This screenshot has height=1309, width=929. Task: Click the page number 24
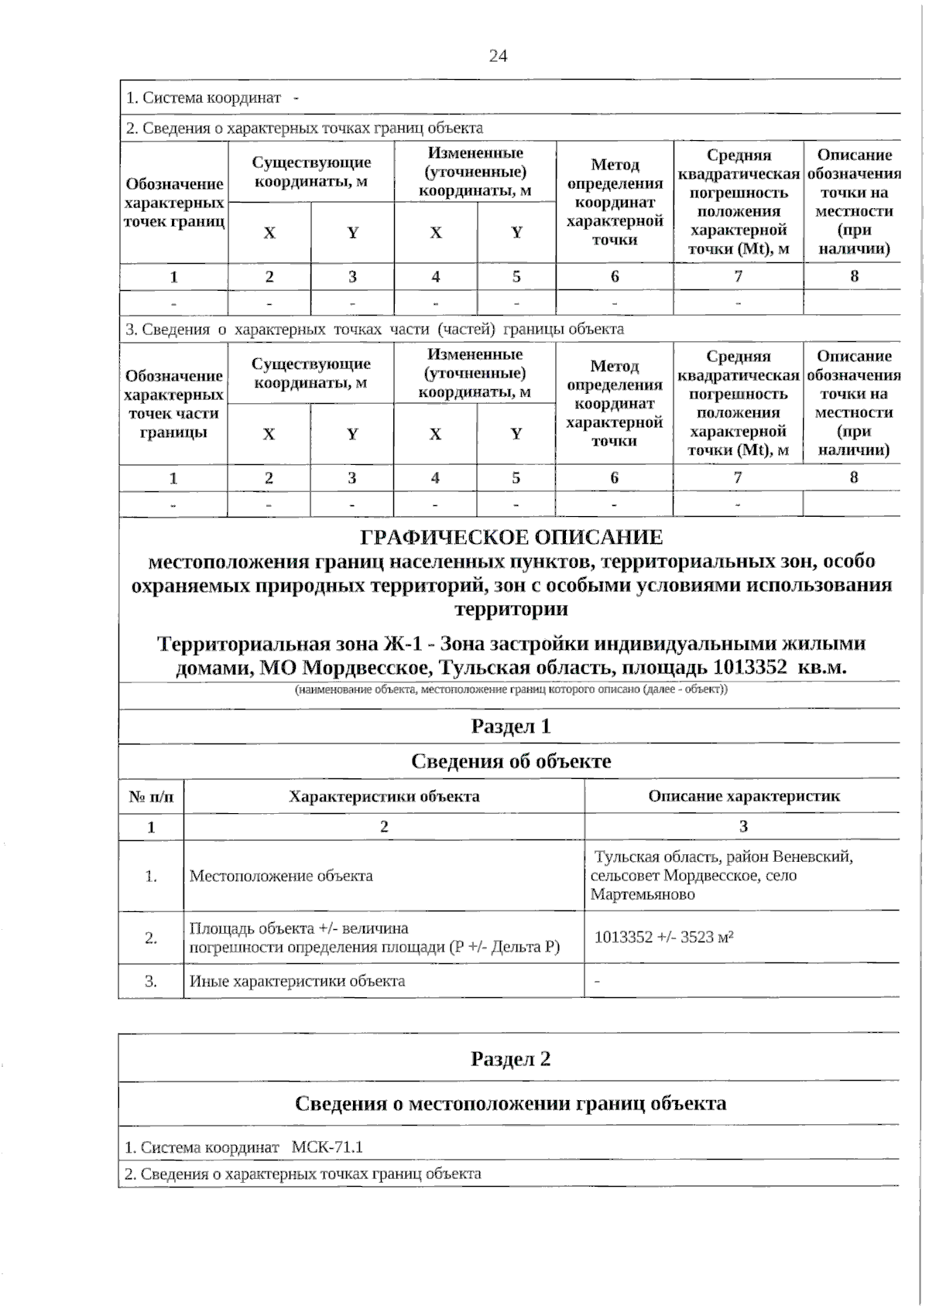pos(498,56)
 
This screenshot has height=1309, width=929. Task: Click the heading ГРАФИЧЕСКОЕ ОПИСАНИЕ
pos(512,537)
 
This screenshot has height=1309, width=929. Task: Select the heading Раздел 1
pos(510,726)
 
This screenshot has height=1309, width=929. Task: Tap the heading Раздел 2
pos(510,1058)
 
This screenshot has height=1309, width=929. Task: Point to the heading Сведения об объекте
pos(511,761)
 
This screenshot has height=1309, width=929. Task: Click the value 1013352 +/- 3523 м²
pos(663,937)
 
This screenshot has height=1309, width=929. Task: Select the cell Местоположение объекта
pos(281,876)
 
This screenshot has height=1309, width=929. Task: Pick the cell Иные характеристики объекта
pos(297,981)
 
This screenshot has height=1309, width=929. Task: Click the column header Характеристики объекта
pos(384,796)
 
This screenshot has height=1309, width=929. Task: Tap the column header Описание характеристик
pos(743,796)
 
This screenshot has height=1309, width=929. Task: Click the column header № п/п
pos(151,796)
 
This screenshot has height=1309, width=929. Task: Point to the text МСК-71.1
pos(327,1147)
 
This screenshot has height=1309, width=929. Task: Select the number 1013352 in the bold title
pos(749,667)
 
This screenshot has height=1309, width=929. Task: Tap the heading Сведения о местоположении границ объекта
pos(510,1103)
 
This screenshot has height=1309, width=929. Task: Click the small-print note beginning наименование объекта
pos(511,689)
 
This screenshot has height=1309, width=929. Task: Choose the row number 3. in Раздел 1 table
pos(151,981)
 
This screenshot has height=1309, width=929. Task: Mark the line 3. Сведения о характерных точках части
pos(375,329)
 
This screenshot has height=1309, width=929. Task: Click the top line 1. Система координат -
pos(212,97)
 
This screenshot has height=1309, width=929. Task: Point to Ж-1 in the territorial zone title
pos(402,644)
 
